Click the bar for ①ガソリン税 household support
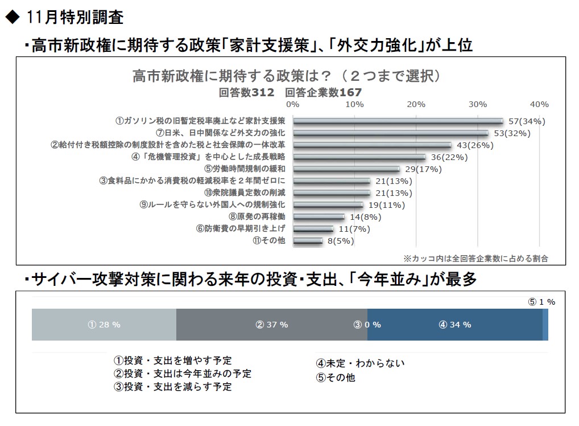[398, 121]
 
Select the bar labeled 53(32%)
[390, 133]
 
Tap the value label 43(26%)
[475, 145]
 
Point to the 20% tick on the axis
[416, 104]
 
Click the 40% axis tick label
[539, 104]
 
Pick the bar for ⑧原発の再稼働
[319, 217]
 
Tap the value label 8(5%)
[340, 241]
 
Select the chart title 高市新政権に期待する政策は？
[286, 76]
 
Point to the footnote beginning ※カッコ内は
[475, 258]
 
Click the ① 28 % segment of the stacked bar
[104, 325]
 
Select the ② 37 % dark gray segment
[272, 325]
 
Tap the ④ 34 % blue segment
[454, 325]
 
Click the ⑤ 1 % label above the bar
[541, 302]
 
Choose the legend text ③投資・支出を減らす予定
[173, 387]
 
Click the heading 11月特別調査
[74, 18]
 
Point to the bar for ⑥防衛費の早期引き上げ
[313, 229]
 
